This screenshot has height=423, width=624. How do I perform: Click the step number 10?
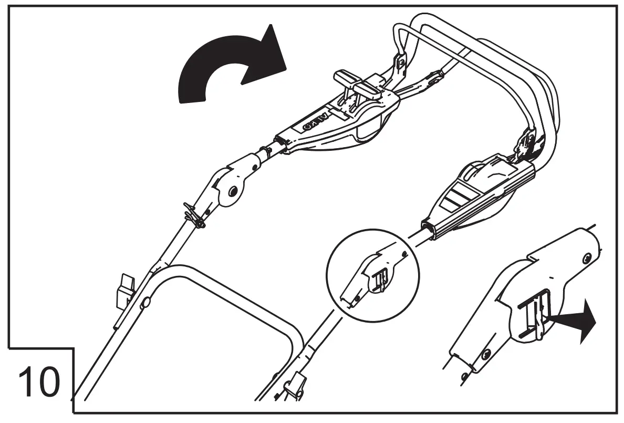tap(39, 383)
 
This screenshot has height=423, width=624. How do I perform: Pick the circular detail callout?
tap(370, 273)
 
